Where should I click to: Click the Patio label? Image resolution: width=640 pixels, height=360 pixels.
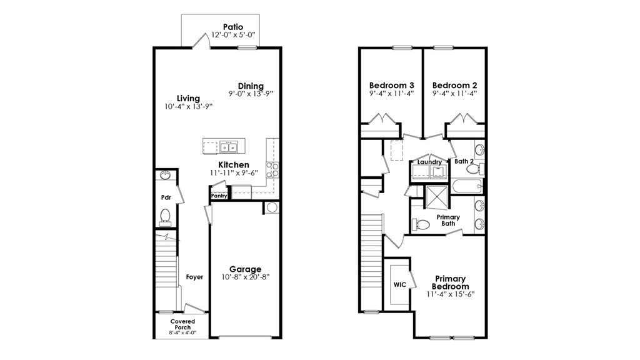tap(232, 27)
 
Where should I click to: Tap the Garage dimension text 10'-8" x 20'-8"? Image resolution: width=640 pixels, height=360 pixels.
tap(245, 276)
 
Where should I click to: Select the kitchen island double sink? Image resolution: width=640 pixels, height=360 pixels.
tap(229, 147)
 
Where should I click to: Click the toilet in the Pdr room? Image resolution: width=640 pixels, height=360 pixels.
tap(166, 216)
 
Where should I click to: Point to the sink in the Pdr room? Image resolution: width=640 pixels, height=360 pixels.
tap(166, 176)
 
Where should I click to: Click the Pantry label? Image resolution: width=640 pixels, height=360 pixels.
tap(219, 196)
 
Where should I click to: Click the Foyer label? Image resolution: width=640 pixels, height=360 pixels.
tap(194, 277)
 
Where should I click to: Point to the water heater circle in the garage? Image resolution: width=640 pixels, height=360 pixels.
tap(272, 207)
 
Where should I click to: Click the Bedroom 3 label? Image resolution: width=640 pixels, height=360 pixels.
tap(391, 86)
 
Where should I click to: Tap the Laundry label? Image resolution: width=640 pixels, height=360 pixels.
tap(430, 162)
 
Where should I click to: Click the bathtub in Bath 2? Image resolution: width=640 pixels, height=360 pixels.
tap(467, 186)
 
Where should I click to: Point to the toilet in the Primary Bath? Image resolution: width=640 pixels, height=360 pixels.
tap(421, 224)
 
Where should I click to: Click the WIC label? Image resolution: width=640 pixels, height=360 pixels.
tap(400, 284)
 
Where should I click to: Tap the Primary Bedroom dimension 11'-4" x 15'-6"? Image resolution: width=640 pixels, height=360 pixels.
tap(451, 294)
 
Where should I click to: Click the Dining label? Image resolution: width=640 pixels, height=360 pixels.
tap(251, 86)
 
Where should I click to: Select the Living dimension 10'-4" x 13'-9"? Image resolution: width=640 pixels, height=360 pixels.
tap(188, 106)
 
